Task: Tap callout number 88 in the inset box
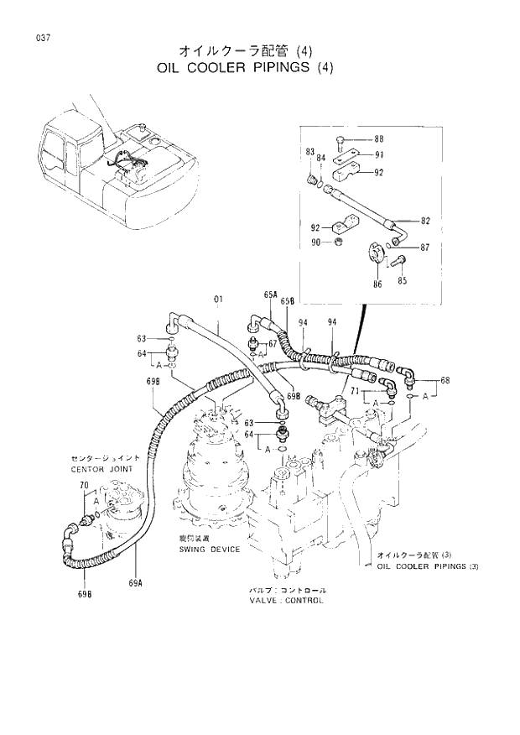click(378, 138)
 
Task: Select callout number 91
click(378, 154)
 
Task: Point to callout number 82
click(425, 221)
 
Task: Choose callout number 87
click(425, 248)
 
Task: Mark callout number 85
click(403, 281)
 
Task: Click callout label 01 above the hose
click(219, 299)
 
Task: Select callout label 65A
click(270, 295)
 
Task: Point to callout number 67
click(273, 344)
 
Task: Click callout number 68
click(445, 381)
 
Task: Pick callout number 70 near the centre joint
click(83, 486)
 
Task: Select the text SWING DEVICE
click(210, 550)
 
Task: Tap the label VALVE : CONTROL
click(286, 601)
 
